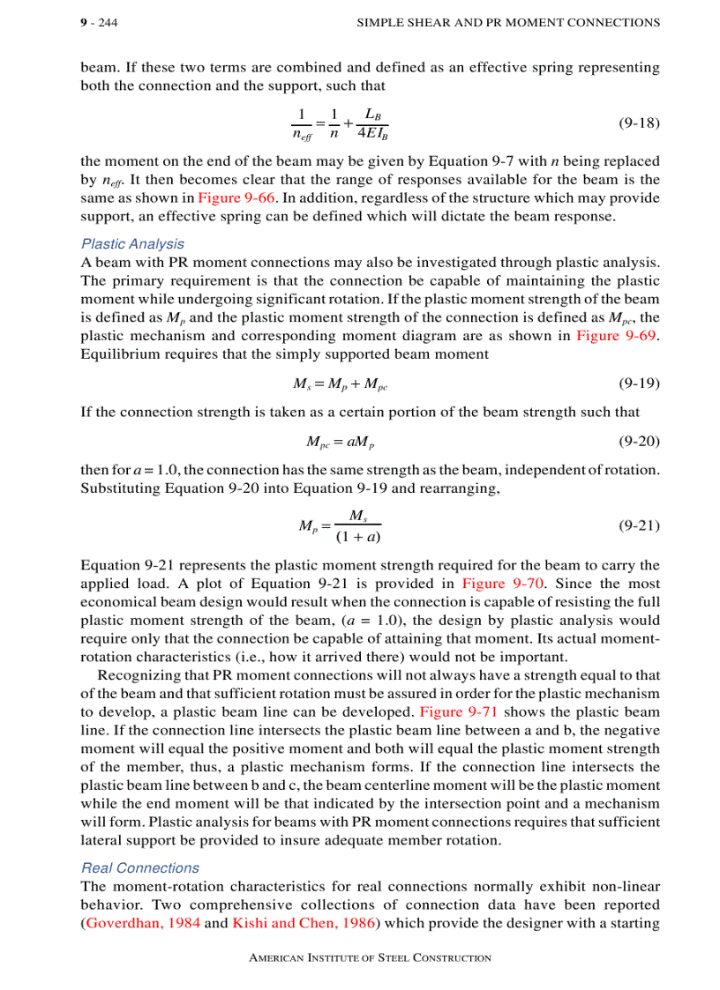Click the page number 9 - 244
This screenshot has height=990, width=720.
(x=99, y=22)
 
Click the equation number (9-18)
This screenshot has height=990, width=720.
(x=638, y=123)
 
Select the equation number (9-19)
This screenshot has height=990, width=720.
(x=638, y=383)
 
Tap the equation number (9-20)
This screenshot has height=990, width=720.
(x=638, y=441)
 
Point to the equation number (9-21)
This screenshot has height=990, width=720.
(x=638, y=525)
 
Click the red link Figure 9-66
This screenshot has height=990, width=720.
(x=231, y=197)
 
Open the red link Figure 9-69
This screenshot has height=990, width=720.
(x=617, y=336)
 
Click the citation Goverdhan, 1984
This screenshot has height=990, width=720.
(x=143, y=923)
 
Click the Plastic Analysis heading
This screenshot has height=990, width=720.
(x=132, y=244)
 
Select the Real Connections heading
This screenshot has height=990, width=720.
(x=139, y=868)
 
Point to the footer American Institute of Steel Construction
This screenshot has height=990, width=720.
(x=370, y=957)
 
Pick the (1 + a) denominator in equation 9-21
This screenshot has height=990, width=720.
(x=358, y=536)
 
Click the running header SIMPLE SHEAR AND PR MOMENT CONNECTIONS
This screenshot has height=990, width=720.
(x=507, y=22)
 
